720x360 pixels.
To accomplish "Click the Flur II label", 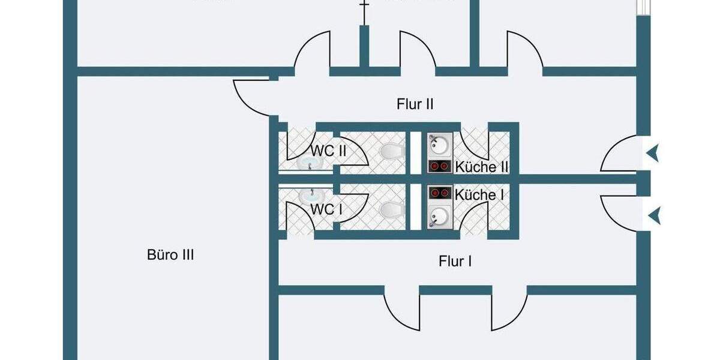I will tap(415, 104).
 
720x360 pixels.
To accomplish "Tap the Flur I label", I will tap(455, 261).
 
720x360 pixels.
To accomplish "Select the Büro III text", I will tap(170, 255).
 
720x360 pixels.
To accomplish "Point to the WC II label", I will tap(328, 150).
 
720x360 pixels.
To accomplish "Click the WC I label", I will tap(325, 209).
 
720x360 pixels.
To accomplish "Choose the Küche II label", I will tap(482, 167).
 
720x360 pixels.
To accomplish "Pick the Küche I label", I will tap(479, 194).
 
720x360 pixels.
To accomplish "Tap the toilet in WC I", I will tap(391, 208).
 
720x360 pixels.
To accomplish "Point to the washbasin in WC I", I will tap(310, 194).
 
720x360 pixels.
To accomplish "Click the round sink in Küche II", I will tap(439, 145).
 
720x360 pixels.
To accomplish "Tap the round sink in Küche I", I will tap(439, 215).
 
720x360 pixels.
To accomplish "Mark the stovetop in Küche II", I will tap(439, 166).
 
